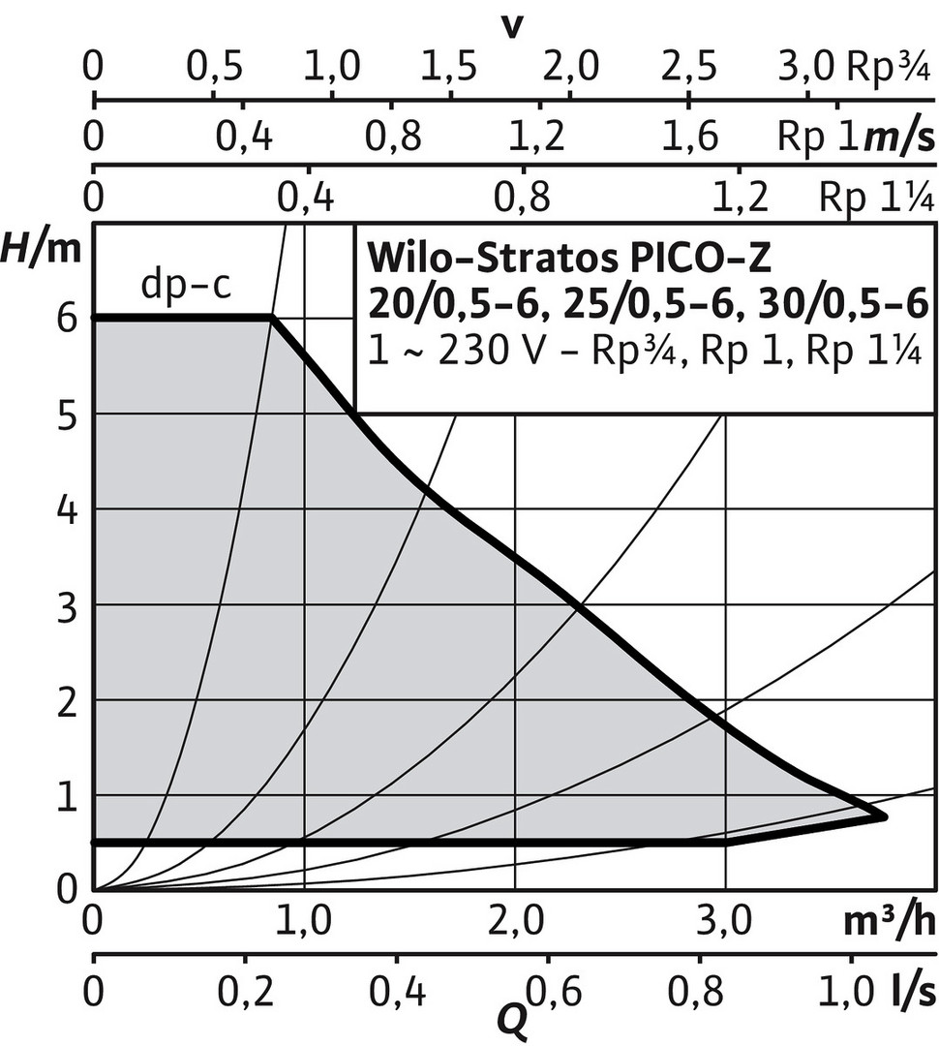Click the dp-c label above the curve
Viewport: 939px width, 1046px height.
click(x=186, y=284)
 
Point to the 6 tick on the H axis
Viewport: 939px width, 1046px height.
click(x=69, y=319)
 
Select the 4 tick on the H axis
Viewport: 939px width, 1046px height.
click(x=69, y=509)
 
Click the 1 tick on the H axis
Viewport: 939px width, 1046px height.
click(x=69, y=796)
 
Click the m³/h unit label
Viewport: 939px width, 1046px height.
click(x=890, y=921)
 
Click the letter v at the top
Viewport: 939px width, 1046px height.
click(x=511, y=27)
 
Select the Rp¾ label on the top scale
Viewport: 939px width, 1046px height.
click(x=889, y=68)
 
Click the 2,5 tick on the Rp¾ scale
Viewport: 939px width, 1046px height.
click(x=689, y=68)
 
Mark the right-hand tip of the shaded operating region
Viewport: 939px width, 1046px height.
click(x=885, y=816)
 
